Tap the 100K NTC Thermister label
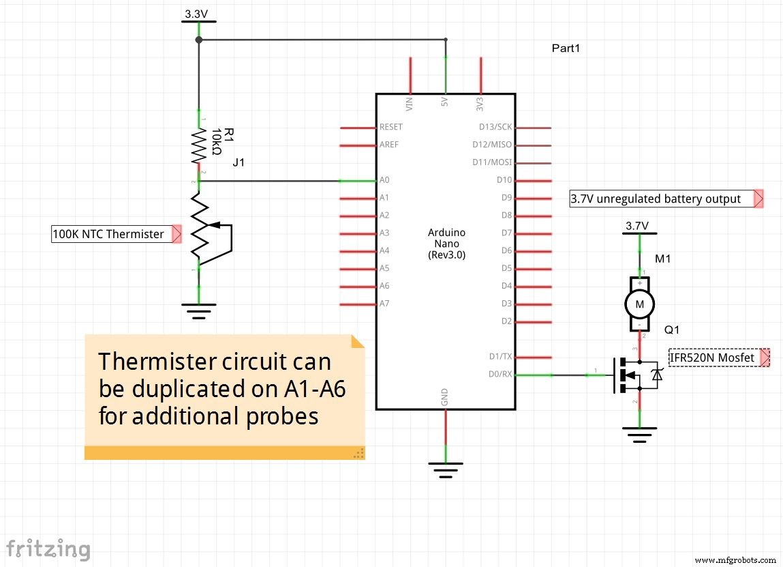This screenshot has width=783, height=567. (108, 234)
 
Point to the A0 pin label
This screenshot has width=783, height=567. (385, 180)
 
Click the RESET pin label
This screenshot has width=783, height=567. (391, 127)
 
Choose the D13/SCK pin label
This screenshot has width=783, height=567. (496, 127)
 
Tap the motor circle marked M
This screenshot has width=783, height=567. (639, 304)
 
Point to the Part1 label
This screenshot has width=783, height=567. (566, 49)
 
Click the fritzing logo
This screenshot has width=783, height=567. (48, 549)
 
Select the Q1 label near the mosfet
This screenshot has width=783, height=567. (672, 330)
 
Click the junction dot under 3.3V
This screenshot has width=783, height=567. (199, 40)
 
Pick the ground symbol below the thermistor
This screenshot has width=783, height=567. (198, 311)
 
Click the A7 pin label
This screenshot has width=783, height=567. (385, 303)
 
